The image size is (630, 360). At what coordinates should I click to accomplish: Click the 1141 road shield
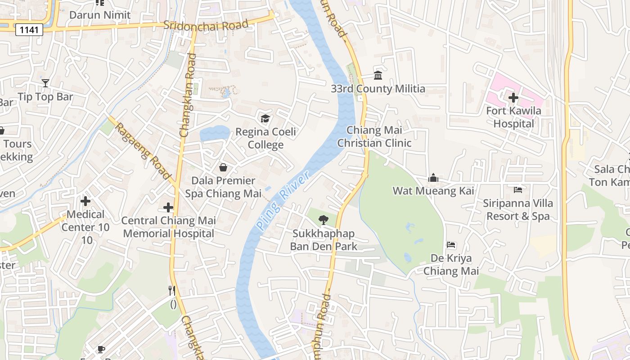(29, 30)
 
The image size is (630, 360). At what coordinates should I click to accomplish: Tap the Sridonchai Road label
(206, 25)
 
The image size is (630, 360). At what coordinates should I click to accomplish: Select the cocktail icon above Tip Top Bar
(45, 83)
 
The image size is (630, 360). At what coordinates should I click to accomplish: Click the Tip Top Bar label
(45, 97)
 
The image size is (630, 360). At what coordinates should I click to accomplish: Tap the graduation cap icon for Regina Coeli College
(265, 118)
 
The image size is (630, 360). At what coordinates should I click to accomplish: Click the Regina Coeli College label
(266, 138)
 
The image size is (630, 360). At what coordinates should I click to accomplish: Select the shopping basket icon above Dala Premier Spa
(223, 167)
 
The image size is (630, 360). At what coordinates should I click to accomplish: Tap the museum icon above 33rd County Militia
(378, 75)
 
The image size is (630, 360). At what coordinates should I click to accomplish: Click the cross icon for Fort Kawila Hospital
(513, 97)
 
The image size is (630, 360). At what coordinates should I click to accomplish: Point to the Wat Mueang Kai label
(433, 191)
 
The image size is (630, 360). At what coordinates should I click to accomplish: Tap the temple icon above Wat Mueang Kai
(433, 178)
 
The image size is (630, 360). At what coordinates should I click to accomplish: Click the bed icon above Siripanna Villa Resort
(518, 190)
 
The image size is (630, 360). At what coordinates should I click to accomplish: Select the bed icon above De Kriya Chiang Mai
(451, 245)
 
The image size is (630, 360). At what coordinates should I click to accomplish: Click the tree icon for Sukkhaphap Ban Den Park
(323, 220)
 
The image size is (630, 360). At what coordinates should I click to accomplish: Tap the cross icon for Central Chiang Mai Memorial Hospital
(168, 207)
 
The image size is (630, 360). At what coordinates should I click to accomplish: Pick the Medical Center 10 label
(85, 221)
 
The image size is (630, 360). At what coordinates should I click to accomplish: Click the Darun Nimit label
(100, 15)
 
